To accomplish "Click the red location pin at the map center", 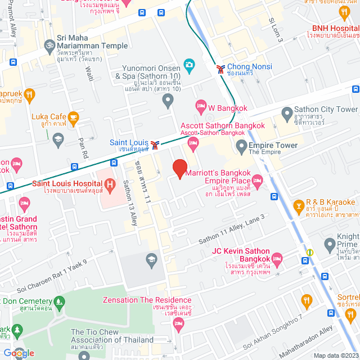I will coord(179,169).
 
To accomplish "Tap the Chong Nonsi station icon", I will coord(220,69).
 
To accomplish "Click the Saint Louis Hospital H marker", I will coord(110,183).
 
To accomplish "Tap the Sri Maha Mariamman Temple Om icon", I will coord(49,43).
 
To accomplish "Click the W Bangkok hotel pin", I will coord(201,105).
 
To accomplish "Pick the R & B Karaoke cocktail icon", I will coord(298,206).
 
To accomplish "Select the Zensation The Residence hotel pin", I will coord(178,322).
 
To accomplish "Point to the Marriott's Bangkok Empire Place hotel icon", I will coord(258,181).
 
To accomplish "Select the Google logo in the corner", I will coord(19,353).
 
